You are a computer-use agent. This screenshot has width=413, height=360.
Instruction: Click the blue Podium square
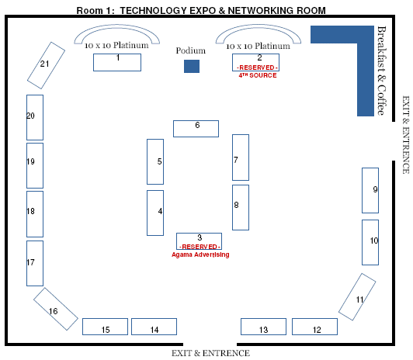point(192,66)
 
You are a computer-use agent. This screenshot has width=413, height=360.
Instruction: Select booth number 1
point(117,62)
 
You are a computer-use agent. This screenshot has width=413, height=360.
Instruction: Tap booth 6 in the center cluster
point(196,129)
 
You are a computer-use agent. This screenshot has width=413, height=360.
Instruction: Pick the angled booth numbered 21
point(46,65)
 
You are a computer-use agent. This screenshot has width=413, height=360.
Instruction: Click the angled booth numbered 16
point(56,309)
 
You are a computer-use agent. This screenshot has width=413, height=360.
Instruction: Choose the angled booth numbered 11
point(357,297)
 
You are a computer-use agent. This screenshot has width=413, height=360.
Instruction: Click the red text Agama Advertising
point(200,254)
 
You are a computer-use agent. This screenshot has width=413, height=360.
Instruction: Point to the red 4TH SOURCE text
point(258,75)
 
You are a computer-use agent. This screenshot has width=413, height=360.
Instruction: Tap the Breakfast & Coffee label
point(382,71)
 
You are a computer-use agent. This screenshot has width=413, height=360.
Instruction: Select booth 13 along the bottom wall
point(263,327)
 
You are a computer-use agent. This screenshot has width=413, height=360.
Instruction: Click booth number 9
point(370,190)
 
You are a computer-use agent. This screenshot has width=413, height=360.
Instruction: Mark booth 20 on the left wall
point(35,117)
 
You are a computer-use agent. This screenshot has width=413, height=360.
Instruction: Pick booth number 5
point(155,161)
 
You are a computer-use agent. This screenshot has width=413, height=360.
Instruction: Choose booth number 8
point(241,207)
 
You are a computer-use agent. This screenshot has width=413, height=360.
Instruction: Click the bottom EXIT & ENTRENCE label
point(210,353)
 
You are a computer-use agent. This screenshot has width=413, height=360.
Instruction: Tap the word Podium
point(191,50)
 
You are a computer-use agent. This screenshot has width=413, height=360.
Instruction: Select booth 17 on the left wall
point(35,263)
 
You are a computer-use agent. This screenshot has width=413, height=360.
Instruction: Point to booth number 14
point(154,327)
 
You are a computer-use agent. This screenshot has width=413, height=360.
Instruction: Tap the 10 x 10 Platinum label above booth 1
point(116,45)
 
